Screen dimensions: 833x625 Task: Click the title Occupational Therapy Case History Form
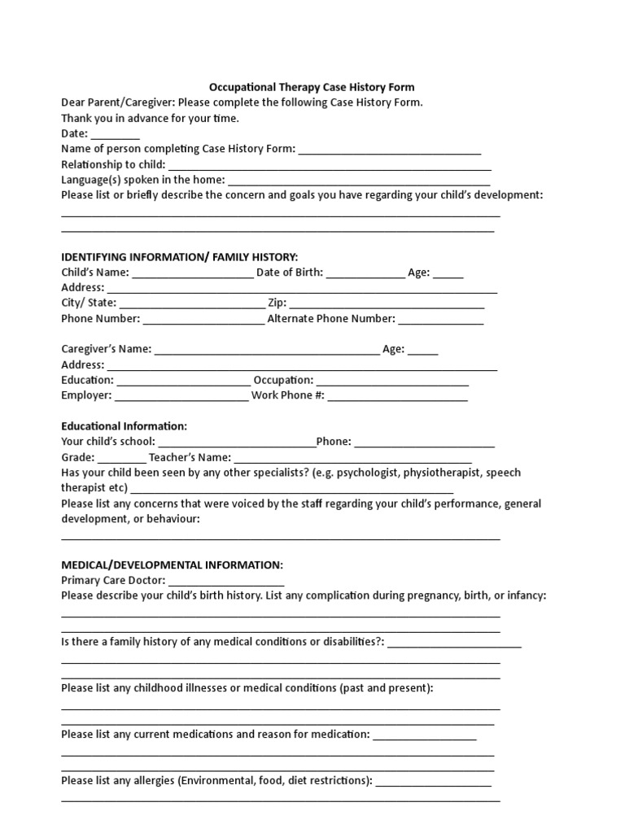[x=312, y=87]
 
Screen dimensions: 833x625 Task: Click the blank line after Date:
[x=115, y=134]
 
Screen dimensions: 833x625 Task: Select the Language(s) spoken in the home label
[x=142, y=180]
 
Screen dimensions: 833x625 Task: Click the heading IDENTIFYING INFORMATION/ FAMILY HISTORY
[x=180, y=257]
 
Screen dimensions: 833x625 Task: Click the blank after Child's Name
[x=192, y=273]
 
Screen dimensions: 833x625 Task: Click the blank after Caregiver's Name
[x=266, y=351]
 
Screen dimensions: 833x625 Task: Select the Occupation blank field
[x=392, y=381]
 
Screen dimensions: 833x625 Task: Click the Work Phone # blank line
[x=397, y=396]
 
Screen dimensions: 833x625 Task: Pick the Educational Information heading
[x=125, y=426]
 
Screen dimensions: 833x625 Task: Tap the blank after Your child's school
[x=237, y=443]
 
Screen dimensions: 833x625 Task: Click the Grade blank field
[x=122, y=458]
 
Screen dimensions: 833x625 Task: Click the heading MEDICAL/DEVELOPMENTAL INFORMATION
[x=173, y=565]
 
